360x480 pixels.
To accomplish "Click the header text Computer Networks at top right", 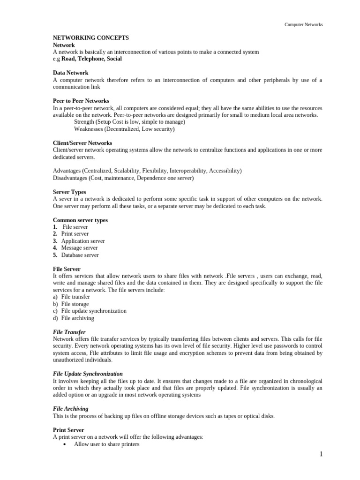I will pos(304,24).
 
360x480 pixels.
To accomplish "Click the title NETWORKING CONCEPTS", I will pos(90,38).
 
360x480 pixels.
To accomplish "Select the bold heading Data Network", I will pos(70,73).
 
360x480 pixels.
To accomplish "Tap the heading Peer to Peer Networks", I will pos(81,101).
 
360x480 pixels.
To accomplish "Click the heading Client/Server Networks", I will pos(82,143).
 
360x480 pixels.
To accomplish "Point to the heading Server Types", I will pos(69,192).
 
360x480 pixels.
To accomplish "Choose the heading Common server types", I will pos(80,220).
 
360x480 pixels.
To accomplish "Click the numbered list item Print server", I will pos(75,234).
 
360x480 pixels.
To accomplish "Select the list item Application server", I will pos(83,241).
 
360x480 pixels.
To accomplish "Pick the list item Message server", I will pos(79,248).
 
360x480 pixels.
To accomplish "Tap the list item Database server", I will pos(80,255).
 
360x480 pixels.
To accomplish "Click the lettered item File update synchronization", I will pos(94,311).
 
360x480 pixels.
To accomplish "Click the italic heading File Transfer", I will pos(69,332).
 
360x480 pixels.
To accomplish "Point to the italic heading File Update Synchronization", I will pos(88,374).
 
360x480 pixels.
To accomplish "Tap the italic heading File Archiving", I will pos(70,409).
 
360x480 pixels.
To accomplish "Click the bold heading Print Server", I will pos(68,430).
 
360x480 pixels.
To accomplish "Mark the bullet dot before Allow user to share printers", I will pos(64,444).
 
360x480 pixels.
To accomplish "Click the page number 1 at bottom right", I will pos(321,454).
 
